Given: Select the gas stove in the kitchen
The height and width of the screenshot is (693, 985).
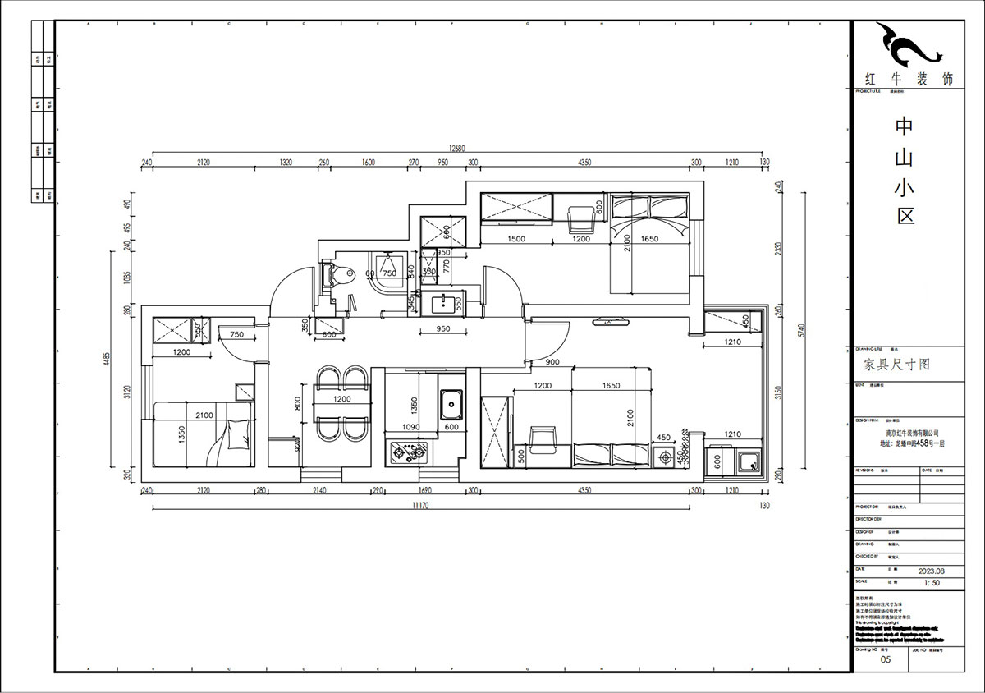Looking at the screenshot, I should point(409,451).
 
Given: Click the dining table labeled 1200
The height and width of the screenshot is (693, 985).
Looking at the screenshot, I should point(342,400).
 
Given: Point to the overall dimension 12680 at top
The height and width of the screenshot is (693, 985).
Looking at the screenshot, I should point(456,149).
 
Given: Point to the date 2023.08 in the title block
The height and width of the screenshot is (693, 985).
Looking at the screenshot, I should point(932,568).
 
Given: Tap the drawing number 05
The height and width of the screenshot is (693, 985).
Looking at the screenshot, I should point(884,659).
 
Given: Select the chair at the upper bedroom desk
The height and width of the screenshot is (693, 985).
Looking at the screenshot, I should point(581,217).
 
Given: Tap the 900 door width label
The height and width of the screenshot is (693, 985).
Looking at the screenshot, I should point(552,362).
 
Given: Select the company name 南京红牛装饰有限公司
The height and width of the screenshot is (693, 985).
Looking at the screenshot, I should point(900,432).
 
